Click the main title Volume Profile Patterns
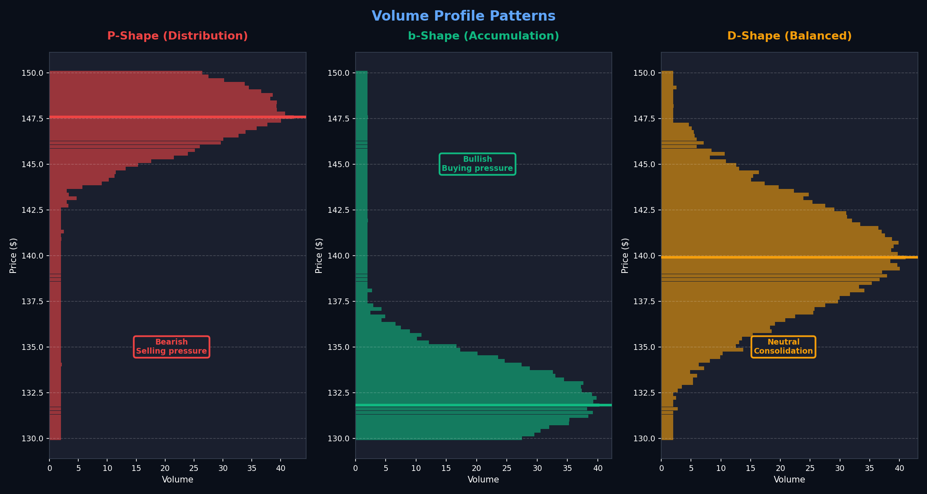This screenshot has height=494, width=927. coord(463,16)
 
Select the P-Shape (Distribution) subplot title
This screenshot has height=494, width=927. coord(178,36)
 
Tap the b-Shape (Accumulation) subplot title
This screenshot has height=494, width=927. coord(483,36)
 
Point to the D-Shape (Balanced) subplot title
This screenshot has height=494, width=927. coord(789,36)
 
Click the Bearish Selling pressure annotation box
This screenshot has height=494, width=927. coord(171,347)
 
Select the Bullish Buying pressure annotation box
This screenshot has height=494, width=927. coord(477,164)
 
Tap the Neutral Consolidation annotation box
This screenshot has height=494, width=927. coord(783,347)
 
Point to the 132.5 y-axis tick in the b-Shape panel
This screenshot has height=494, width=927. coord(338,393)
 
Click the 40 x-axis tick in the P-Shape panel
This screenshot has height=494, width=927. coord(280,468)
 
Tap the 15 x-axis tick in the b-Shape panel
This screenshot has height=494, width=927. coord(446,468)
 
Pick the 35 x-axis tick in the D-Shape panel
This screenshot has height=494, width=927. coord(869,468)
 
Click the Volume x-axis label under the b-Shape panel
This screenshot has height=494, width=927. coord(483,480)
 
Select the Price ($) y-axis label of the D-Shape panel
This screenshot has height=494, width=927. coord(625,256)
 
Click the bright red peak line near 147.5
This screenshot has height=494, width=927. coord(177,117)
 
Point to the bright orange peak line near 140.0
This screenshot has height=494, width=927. coord(789,257)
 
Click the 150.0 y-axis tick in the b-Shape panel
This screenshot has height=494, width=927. coord(338,73)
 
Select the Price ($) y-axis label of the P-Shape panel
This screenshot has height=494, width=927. coord(13,256)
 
